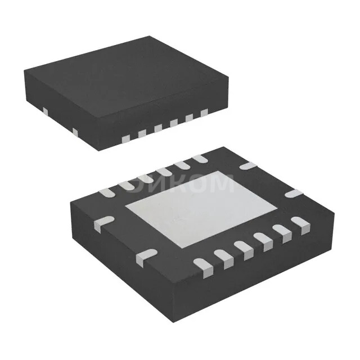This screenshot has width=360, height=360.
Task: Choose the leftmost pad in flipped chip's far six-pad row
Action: tap(106, 193)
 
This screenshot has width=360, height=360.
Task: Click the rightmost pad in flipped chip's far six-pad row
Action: tap(198, 159)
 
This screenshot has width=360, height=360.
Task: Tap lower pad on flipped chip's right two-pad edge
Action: tap(292, 194)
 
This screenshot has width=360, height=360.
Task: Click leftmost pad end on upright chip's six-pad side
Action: tap(142, 133)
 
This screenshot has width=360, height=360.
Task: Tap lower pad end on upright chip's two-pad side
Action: tap(74, 131)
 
